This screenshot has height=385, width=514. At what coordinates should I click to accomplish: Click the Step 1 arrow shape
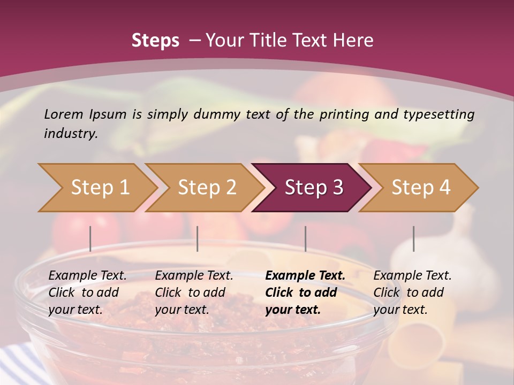click(96, 188)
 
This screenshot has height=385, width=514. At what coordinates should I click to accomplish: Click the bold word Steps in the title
click(155, 40)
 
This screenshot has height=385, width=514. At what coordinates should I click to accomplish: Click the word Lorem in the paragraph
click(64, 114)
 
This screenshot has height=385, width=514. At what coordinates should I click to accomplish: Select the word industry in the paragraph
click(70, 133)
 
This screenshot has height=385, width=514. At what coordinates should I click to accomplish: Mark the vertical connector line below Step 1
click(90, 238)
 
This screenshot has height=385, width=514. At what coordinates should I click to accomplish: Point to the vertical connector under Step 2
click(198, 238)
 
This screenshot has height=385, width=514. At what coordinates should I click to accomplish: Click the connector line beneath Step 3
click(306, 238)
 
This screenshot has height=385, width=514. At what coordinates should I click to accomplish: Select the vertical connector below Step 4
click(413, 238)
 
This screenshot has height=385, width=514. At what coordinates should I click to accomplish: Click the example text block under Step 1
click(87, 292)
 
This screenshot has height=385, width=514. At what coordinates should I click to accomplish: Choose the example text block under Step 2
click(194, 292)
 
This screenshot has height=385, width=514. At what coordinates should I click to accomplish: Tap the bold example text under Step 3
click(305, 292)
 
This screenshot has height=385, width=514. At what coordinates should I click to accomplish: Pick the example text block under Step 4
click(412, 292)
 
